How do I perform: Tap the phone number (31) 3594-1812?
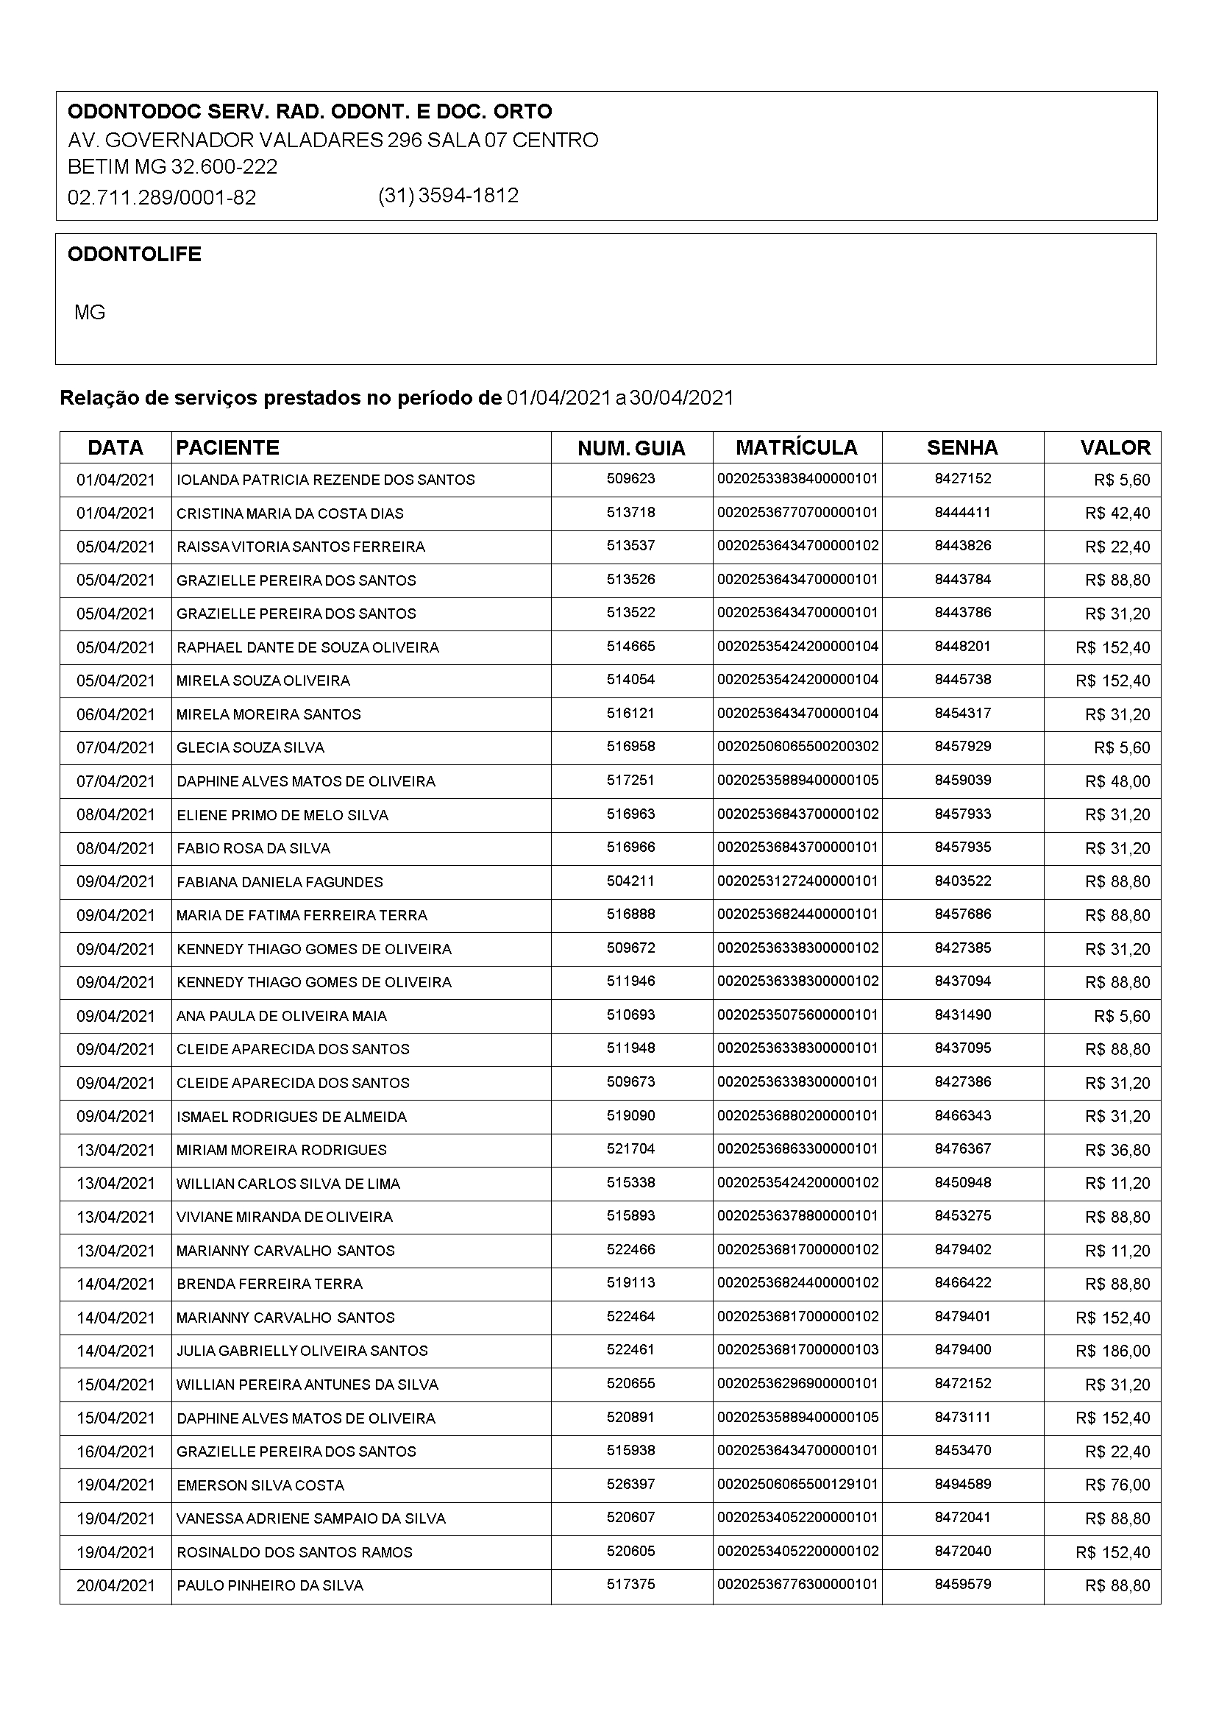click(448, 196)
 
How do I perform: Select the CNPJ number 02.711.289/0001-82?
click(162, 198)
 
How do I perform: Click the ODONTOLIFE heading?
click(134, 255)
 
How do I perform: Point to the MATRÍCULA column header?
click(797, 448)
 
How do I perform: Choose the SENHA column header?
click(962, 448)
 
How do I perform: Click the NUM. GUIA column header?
click(631, 449)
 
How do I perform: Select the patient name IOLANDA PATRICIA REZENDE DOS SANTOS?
click(325, 480)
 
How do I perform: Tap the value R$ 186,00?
click(1112, 1351)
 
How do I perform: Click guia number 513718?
click(631, 513)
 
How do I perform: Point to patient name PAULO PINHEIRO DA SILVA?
click(270, 1586)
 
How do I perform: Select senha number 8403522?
click(963, 881)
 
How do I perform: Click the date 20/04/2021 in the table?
click(115, 1586)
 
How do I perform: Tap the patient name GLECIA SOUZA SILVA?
click(250, 747)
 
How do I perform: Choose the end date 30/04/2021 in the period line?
click(681, 398)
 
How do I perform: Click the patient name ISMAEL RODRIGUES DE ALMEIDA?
click(291, 1117)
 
